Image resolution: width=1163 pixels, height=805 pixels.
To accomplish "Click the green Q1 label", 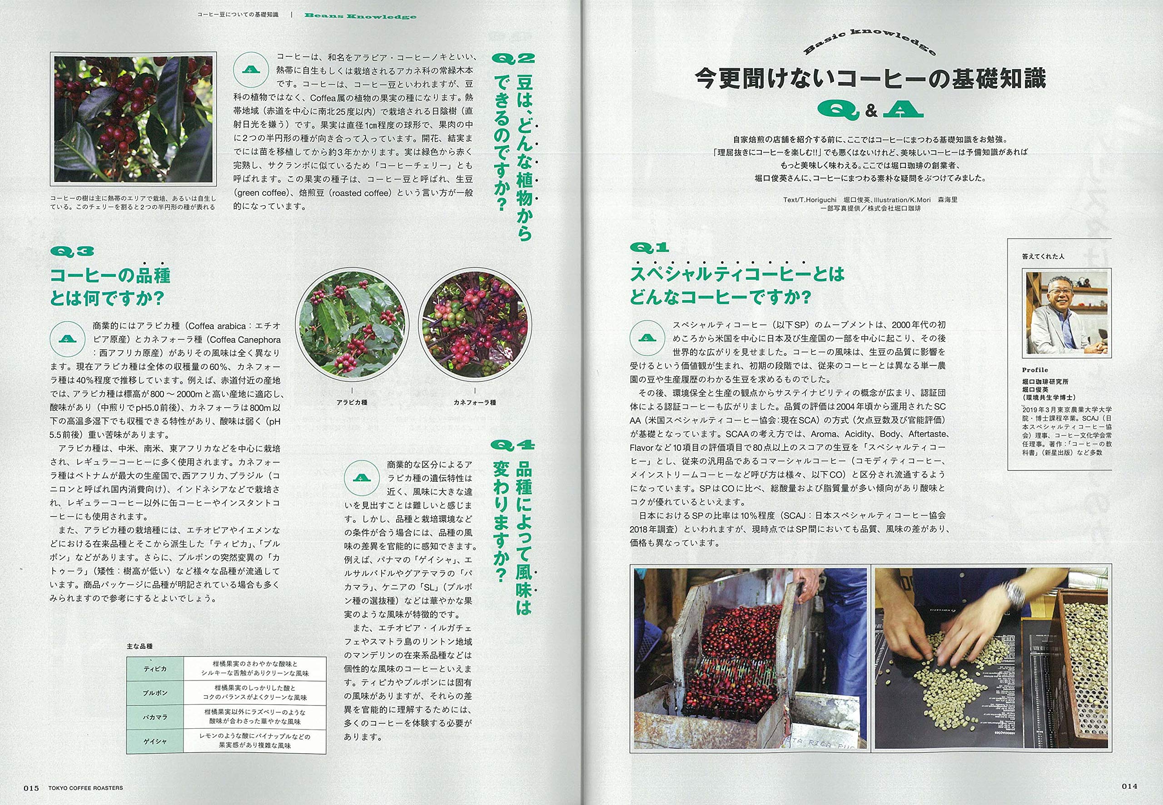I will coord(649,247).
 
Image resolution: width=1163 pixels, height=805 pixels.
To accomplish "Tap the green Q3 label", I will coord(72,251).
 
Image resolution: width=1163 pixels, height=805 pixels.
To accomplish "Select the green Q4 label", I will coord(512,445).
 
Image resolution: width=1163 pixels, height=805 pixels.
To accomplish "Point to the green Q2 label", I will coord(512,59).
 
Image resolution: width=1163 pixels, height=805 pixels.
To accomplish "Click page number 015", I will coord(31,787).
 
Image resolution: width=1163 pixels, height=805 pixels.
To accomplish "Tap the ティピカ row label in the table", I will coord(155,669).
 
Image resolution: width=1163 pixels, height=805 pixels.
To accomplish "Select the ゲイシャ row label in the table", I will coord(155,741).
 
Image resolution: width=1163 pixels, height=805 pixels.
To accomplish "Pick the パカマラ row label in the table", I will coord(155,717).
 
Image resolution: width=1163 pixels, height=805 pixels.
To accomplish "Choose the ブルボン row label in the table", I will coord(155,693).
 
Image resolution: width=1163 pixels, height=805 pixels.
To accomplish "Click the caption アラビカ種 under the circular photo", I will coord(352,402).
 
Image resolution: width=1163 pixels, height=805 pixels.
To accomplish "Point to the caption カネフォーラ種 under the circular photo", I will coord(474,402).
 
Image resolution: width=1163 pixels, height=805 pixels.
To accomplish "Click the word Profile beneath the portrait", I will coord(1035,370).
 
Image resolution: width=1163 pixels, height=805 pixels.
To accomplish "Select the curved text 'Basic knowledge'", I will coord(870,40).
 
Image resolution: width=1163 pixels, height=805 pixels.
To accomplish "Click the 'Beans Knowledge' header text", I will coord(360,15).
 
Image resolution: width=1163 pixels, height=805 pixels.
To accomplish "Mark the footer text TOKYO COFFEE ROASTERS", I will coord(85,788).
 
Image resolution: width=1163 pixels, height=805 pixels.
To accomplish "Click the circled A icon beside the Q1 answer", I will coord(647,337).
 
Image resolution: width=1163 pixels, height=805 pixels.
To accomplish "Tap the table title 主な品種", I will coord(140,646).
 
